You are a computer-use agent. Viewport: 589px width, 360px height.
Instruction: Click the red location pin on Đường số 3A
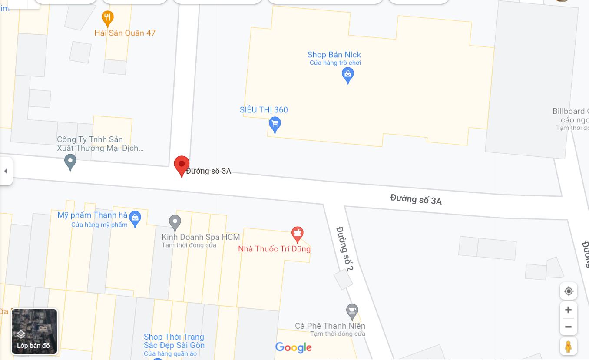[x=182, y=165]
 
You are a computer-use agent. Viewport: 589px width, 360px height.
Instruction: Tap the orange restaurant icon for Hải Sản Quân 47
[x=107, y=18]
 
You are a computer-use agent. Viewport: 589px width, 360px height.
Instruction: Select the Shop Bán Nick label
[x=334, y=55]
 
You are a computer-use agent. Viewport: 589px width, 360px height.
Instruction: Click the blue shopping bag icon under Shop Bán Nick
[x=347, y=76]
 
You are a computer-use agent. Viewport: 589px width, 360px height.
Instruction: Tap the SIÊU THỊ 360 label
[x=264, y=110]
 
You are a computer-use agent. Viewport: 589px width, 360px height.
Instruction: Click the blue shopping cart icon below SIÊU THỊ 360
[x=275, y=125]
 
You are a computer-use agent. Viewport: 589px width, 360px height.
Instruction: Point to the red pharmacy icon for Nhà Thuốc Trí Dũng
[x=297, y=234]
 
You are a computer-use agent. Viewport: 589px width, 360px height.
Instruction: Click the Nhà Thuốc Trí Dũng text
[x=274, y=249]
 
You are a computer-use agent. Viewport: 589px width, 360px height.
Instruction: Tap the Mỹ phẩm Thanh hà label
[x=92, y=215]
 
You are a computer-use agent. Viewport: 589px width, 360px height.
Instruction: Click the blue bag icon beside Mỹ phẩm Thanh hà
[x=135, y=218]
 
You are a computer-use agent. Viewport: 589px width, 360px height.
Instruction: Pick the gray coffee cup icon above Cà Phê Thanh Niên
[x=352, y=311]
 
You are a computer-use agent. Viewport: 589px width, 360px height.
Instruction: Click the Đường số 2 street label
[x=345, y=248]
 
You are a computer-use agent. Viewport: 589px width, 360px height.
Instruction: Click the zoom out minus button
[x=568, y=327]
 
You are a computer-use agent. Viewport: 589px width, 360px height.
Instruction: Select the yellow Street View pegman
[x=568, y=347]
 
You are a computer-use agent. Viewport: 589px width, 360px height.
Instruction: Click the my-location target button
[x=568, y=291]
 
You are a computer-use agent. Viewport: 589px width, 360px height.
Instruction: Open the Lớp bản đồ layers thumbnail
[x=34, y=331]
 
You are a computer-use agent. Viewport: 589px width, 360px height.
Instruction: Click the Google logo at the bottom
[x=294, y=347]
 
